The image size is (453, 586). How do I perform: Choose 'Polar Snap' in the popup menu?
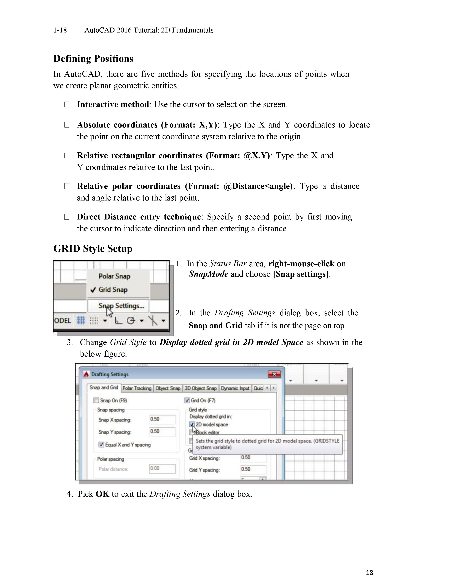(x=114, y=276)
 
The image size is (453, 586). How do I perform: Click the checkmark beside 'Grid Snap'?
(x=93, y=290)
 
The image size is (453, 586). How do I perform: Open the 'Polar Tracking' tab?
(x=137, y=388)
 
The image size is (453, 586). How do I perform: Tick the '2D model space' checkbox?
(x=192, y=424)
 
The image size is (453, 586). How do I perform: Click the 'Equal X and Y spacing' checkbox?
(x=101, y=445)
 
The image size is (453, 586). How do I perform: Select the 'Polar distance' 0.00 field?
(x=162, y=468)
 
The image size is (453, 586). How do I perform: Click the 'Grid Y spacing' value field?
(x=253, y=469)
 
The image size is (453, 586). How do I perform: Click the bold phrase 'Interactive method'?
(x=113, y=104)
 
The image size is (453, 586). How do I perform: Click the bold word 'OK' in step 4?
(x=102, y=494)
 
